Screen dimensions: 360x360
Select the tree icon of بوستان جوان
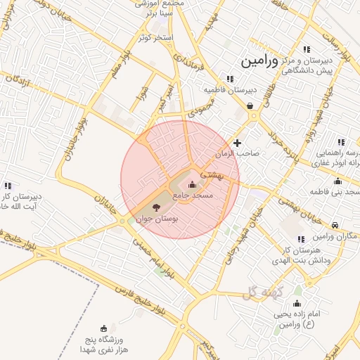tap(156, 207)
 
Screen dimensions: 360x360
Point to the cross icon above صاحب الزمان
tap(238, 143)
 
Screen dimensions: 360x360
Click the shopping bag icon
tap(250, 107)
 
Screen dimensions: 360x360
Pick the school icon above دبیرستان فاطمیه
tap(229, 79)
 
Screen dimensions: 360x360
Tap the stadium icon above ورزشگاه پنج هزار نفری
tap(105, 328)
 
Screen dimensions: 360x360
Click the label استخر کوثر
tap(155, 37)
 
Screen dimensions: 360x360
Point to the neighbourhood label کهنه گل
tap(264, 292)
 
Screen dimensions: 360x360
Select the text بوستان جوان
tap(156, 220)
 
